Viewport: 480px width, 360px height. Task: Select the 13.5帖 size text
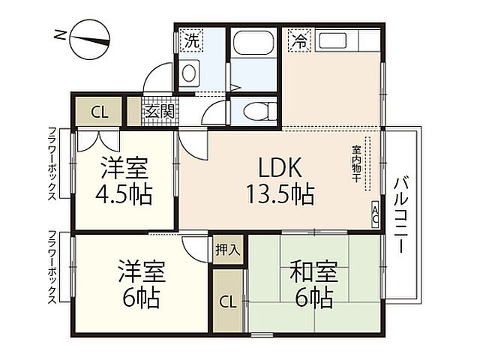coord(280,196)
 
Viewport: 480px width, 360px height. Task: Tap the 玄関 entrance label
coord(159,112)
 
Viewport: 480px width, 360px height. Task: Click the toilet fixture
coord(253,112)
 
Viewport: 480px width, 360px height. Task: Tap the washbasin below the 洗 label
coord(190,73)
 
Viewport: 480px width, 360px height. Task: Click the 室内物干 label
coord(355,160)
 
